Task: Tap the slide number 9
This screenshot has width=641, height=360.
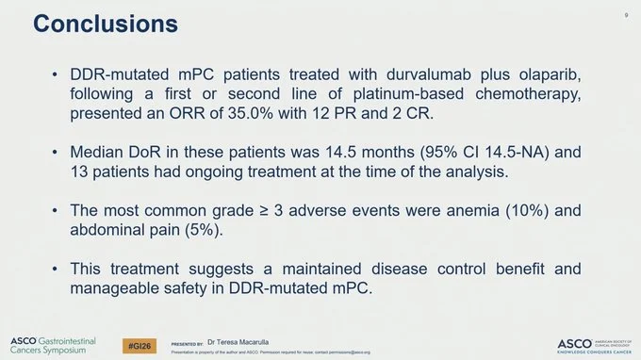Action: (x=626, y=16)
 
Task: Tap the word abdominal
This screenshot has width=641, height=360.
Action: (x=109, y=229)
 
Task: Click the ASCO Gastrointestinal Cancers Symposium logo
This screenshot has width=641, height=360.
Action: (x=54, y=345)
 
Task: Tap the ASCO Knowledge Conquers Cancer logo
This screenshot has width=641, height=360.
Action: (x=591, y=345)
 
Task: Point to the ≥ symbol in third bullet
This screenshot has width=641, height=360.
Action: (x=264, y=210)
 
